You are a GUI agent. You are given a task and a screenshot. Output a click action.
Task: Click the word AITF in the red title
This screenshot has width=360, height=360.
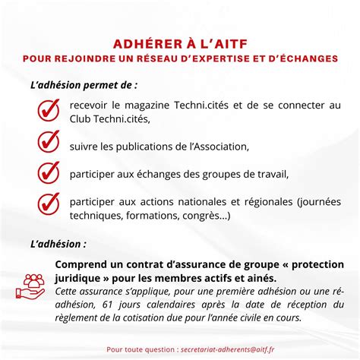[228, 43]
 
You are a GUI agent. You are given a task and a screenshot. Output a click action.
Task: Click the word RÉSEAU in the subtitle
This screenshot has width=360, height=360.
[157, 58]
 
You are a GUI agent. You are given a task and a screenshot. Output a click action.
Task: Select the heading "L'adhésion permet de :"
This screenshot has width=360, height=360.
[84, 87]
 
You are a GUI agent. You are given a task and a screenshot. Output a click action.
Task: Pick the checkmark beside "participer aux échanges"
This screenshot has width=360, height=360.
[48, 172]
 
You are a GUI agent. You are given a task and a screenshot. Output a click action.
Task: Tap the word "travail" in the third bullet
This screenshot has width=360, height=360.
[271, 174]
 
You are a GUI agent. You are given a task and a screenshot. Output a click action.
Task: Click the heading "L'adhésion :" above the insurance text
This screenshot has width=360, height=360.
[58, 245]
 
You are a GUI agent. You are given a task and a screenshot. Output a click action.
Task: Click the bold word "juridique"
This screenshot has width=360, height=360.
[81, 278]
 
